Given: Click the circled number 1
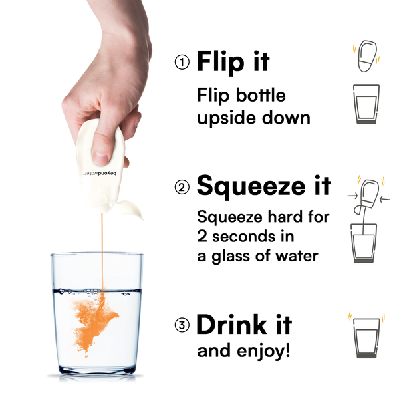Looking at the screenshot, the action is [182, 62].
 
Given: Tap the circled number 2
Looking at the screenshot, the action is [182, 187].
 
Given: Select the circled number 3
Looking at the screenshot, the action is [182, 325].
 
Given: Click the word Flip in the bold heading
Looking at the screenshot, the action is [221, 62].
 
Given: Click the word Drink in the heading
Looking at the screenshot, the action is [232, 324].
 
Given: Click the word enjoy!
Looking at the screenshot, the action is [263, 352].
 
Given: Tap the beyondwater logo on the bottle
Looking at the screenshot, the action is [99, 174].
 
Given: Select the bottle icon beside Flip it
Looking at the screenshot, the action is [367, 56].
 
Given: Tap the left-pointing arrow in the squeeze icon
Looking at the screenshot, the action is [385, 199].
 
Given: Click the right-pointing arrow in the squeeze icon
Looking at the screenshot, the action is [352, 196].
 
